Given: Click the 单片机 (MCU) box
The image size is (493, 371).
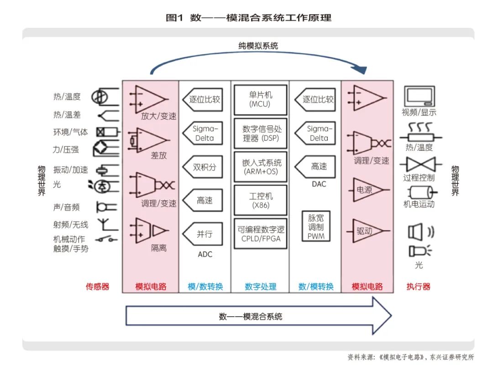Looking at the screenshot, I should pos(260,99).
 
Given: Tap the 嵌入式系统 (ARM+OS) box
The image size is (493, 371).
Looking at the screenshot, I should pos(260,167).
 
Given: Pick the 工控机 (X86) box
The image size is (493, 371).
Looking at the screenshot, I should pos(260,200).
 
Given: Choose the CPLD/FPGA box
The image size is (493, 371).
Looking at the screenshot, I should pos(260,234).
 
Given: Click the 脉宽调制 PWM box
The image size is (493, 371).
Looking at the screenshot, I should pos(316,226).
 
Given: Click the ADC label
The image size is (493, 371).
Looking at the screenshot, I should pos(205,254).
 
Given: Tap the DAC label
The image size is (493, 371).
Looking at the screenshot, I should pos(319,184).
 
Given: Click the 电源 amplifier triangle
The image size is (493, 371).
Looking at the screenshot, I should pos(367,190).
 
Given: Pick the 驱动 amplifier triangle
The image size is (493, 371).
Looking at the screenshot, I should pos(367,231).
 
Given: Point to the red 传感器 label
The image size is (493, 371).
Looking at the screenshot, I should pos(97,287).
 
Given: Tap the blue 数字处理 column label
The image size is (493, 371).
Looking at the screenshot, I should pos(261,287).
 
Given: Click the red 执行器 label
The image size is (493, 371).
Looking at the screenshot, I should pos(419,287).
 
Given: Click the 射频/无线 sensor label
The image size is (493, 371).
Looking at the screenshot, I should pos(70,225).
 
